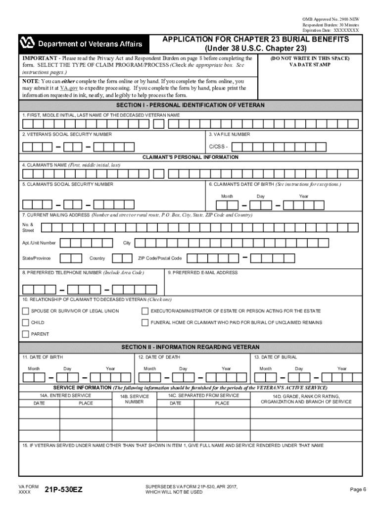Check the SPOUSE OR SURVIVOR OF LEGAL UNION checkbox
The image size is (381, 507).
(x=25, y=311)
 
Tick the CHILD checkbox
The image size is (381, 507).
(x=25, y=322)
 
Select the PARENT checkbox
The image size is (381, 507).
(x=25, y=334)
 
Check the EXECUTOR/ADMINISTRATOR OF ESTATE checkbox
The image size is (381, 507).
(x=145, y=311)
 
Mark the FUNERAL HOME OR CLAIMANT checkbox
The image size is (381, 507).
(x=145, y=322)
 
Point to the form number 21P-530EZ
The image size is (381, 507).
(x=63, y=490)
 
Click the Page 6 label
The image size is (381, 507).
(x=358, y=490)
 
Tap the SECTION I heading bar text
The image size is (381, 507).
(x=190, y=105)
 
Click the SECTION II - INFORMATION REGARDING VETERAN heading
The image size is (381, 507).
(x=190, y=347)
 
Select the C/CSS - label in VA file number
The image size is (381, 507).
(x=218, y=147)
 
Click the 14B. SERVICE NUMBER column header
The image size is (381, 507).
(x=134, y=399)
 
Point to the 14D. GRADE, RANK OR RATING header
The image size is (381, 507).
(x=306, y=399)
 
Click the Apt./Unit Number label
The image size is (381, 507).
(x=39, y=243)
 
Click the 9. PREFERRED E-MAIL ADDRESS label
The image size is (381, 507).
(x=203, y=272)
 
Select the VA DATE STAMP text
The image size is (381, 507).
(x=310, y=64)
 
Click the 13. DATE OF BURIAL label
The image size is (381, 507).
(x=276, y=357)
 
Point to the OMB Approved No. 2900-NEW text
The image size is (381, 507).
(x=331, y=19)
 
